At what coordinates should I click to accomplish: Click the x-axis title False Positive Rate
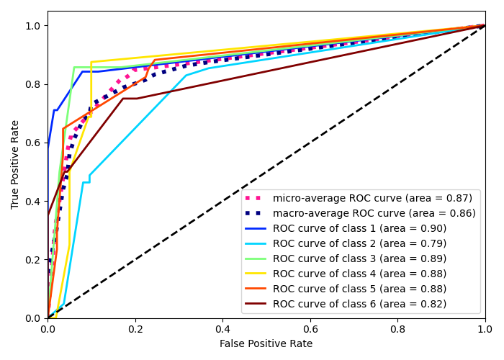(x=266, y=344)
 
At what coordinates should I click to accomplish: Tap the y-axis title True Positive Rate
(x=16, y=164)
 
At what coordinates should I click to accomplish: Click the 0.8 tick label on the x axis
(x=397, y=329)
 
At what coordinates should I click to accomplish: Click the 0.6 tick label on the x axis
(x=310, y=329)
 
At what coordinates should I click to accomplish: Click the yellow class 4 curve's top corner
(x=91, y=62)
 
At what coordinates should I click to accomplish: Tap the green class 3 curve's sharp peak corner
(x=74, y=67)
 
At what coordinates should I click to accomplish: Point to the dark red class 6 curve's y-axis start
(x=48, y=214)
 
